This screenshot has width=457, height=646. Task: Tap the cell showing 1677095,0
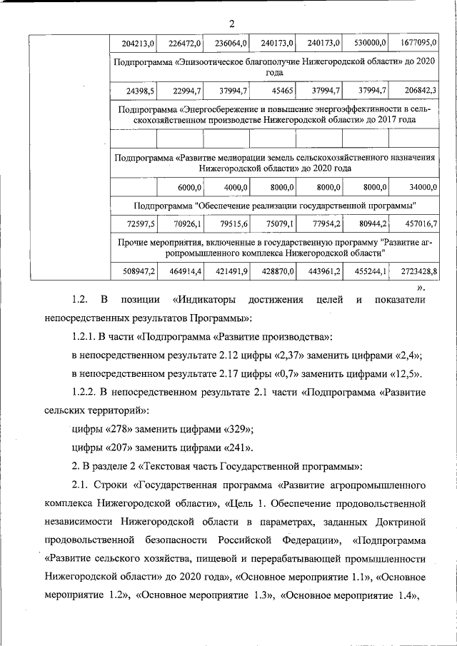point(418,44)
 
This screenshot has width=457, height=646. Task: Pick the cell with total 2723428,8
point(418,272)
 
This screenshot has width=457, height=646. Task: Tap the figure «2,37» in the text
point(286,355)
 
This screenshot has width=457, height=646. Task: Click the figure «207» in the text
point(123,448)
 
